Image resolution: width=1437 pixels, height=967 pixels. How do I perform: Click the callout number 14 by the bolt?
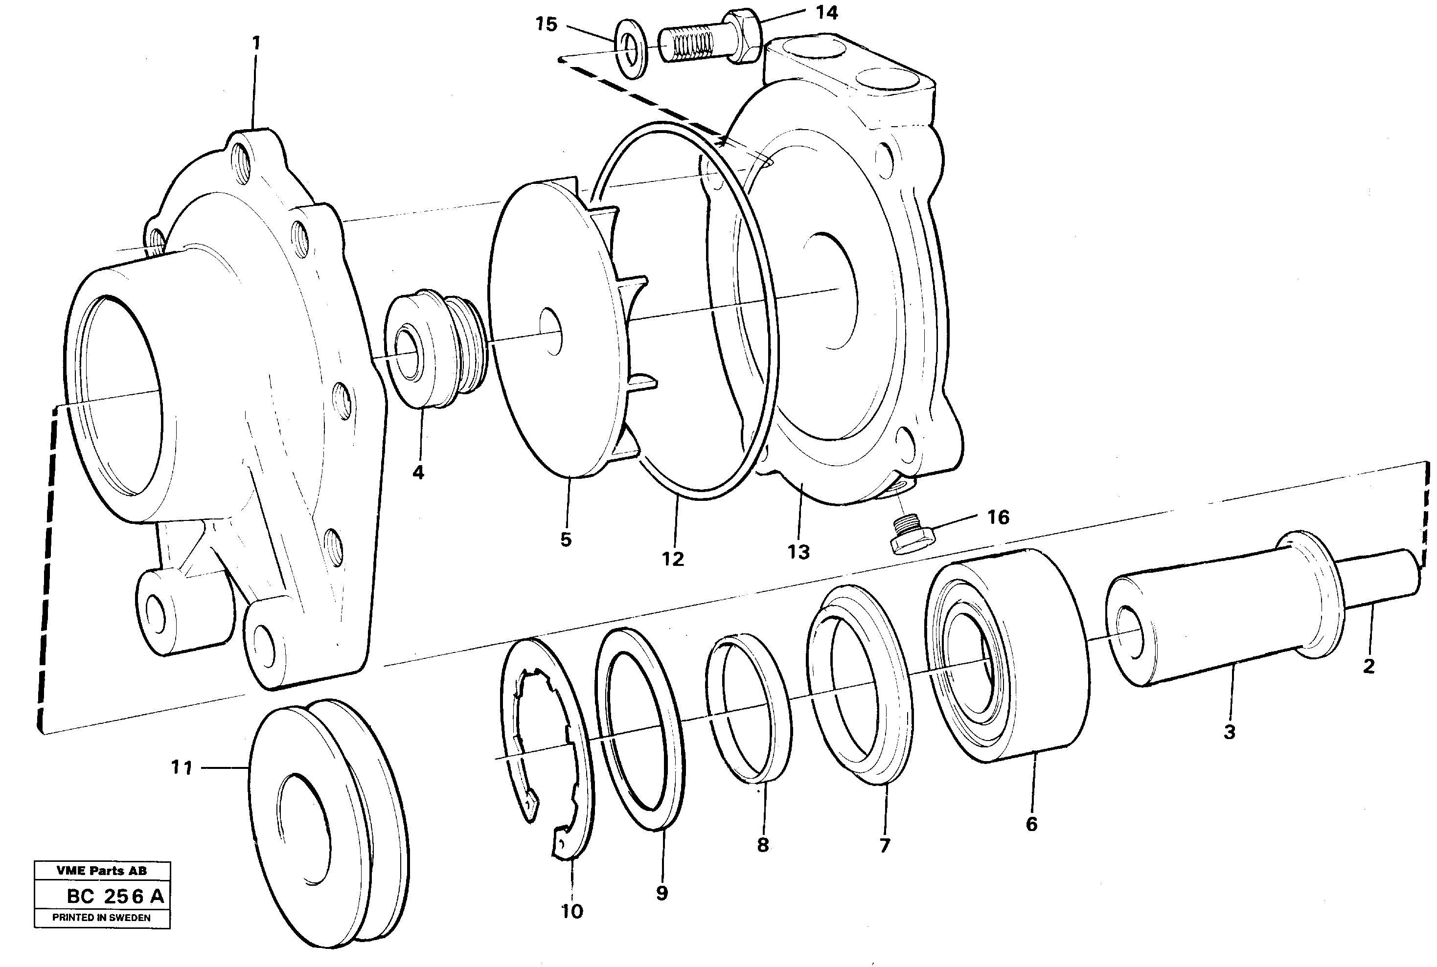(826, 13)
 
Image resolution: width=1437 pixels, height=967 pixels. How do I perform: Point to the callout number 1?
(256, 43)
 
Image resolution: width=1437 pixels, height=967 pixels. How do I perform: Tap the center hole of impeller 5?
(550, 331)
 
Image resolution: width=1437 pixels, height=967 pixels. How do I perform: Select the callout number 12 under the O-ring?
(672, 559)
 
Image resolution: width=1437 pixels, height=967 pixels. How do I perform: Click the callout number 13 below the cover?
(798, 552)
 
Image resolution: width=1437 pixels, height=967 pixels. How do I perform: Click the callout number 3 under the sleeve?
(1229, 732)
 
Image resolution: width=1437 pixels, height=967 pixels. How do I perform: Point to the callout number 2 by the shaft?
(1369, 666)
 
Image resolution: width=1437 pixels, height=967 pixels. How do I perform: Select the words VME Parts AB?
(102, 871)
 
